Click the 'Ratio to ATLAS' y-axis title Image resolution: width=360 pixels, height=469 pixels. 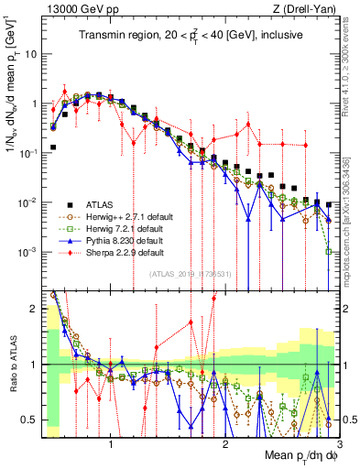click(x=12, y=365)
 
